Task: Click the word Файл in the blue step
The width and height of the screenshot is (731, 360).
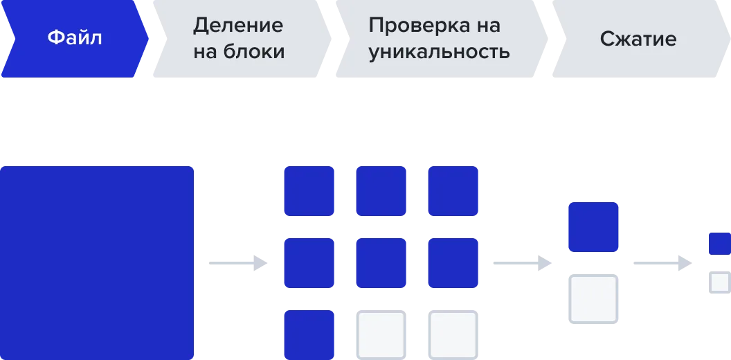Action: point(75,38)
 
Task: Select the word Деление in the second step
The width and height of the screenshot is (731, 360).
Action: point(237,25)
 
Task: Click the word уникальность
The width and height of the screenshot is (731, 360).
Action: point(439,53)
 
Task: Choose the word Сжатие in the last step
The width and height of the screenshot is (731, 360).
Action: point(638,39)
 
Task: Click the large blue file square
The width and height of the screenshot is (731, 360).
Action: point(97,263)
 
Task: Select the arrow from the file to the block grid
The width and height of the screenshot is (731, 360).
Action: point(238,263)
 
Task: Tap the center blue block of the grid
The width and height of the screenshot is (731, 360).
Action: point(381,263)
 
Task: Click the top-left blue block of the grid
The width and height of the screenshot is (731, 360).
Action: point(309,191)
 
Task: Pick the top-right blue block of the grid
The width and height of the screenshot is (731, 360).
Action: point(453,191)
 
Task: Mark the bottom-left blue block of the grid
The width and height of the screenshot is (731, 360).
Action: point(309,335)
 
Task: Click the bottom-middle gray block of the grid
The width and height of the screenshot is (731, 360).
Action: point(381,335)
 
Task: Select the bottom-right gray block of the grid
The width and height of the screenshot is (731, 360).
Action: point(453,335)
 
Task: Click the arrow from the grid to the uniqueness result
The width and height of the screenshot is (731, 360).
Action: point(523,263)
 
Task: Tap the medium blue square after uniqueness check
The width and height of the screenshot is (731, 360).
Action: point(593,227)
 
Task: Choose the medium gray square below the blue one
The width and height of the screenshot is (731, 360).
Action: point(593,299)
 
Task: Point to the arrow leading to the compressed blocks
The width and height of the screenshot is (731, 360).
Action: point(662,263)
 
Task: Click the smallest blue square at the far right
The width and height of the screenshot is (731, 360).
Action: point(720,244)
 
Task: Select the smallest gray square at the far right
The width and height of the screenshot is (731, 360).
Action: point(720,282)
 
